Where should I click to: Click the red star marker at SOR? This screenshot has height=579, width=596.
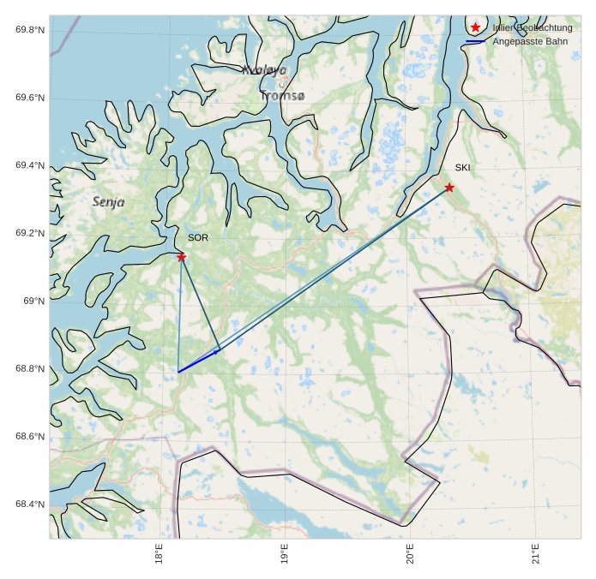[x=182, y=257]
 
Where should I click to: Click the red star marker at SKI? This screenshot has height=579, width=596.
[x=449, y=188]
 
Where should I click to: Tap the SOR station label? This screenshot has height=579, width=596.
[x=198, y=238]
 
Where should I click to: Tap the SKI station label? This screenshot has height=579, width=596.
[x=463, y=168]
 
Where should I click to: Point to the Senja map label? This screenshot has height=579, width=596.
[x=108, y=202]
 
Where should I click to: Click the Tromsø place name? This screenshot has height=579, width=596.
[x=282, y=96]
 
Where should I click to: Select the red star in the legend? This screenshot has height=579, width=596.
[x=476, y=28]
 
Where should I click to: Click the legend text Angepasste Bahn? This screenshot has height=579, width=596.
[x=530, y=42]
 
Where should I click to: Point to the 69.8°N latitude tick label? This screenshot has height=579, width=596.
[x=30, y=30]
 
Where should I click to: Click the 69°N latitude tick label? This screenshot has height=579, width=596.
[x=33, y=301]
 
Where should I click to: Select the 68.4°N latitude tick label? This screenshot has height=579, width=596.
[x=30, y=504]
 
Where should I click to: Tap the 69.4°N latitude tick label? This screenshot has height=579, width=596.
[x=30, y=165]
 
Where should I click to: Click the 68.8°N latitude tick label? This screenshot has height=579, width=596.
[x=30, y=369]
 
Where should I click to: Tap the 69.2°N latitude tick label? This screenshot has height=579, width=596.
[x=30, y=233]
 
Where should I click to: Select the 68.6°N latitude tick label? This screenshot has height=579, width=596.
[x=30, y=437]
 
